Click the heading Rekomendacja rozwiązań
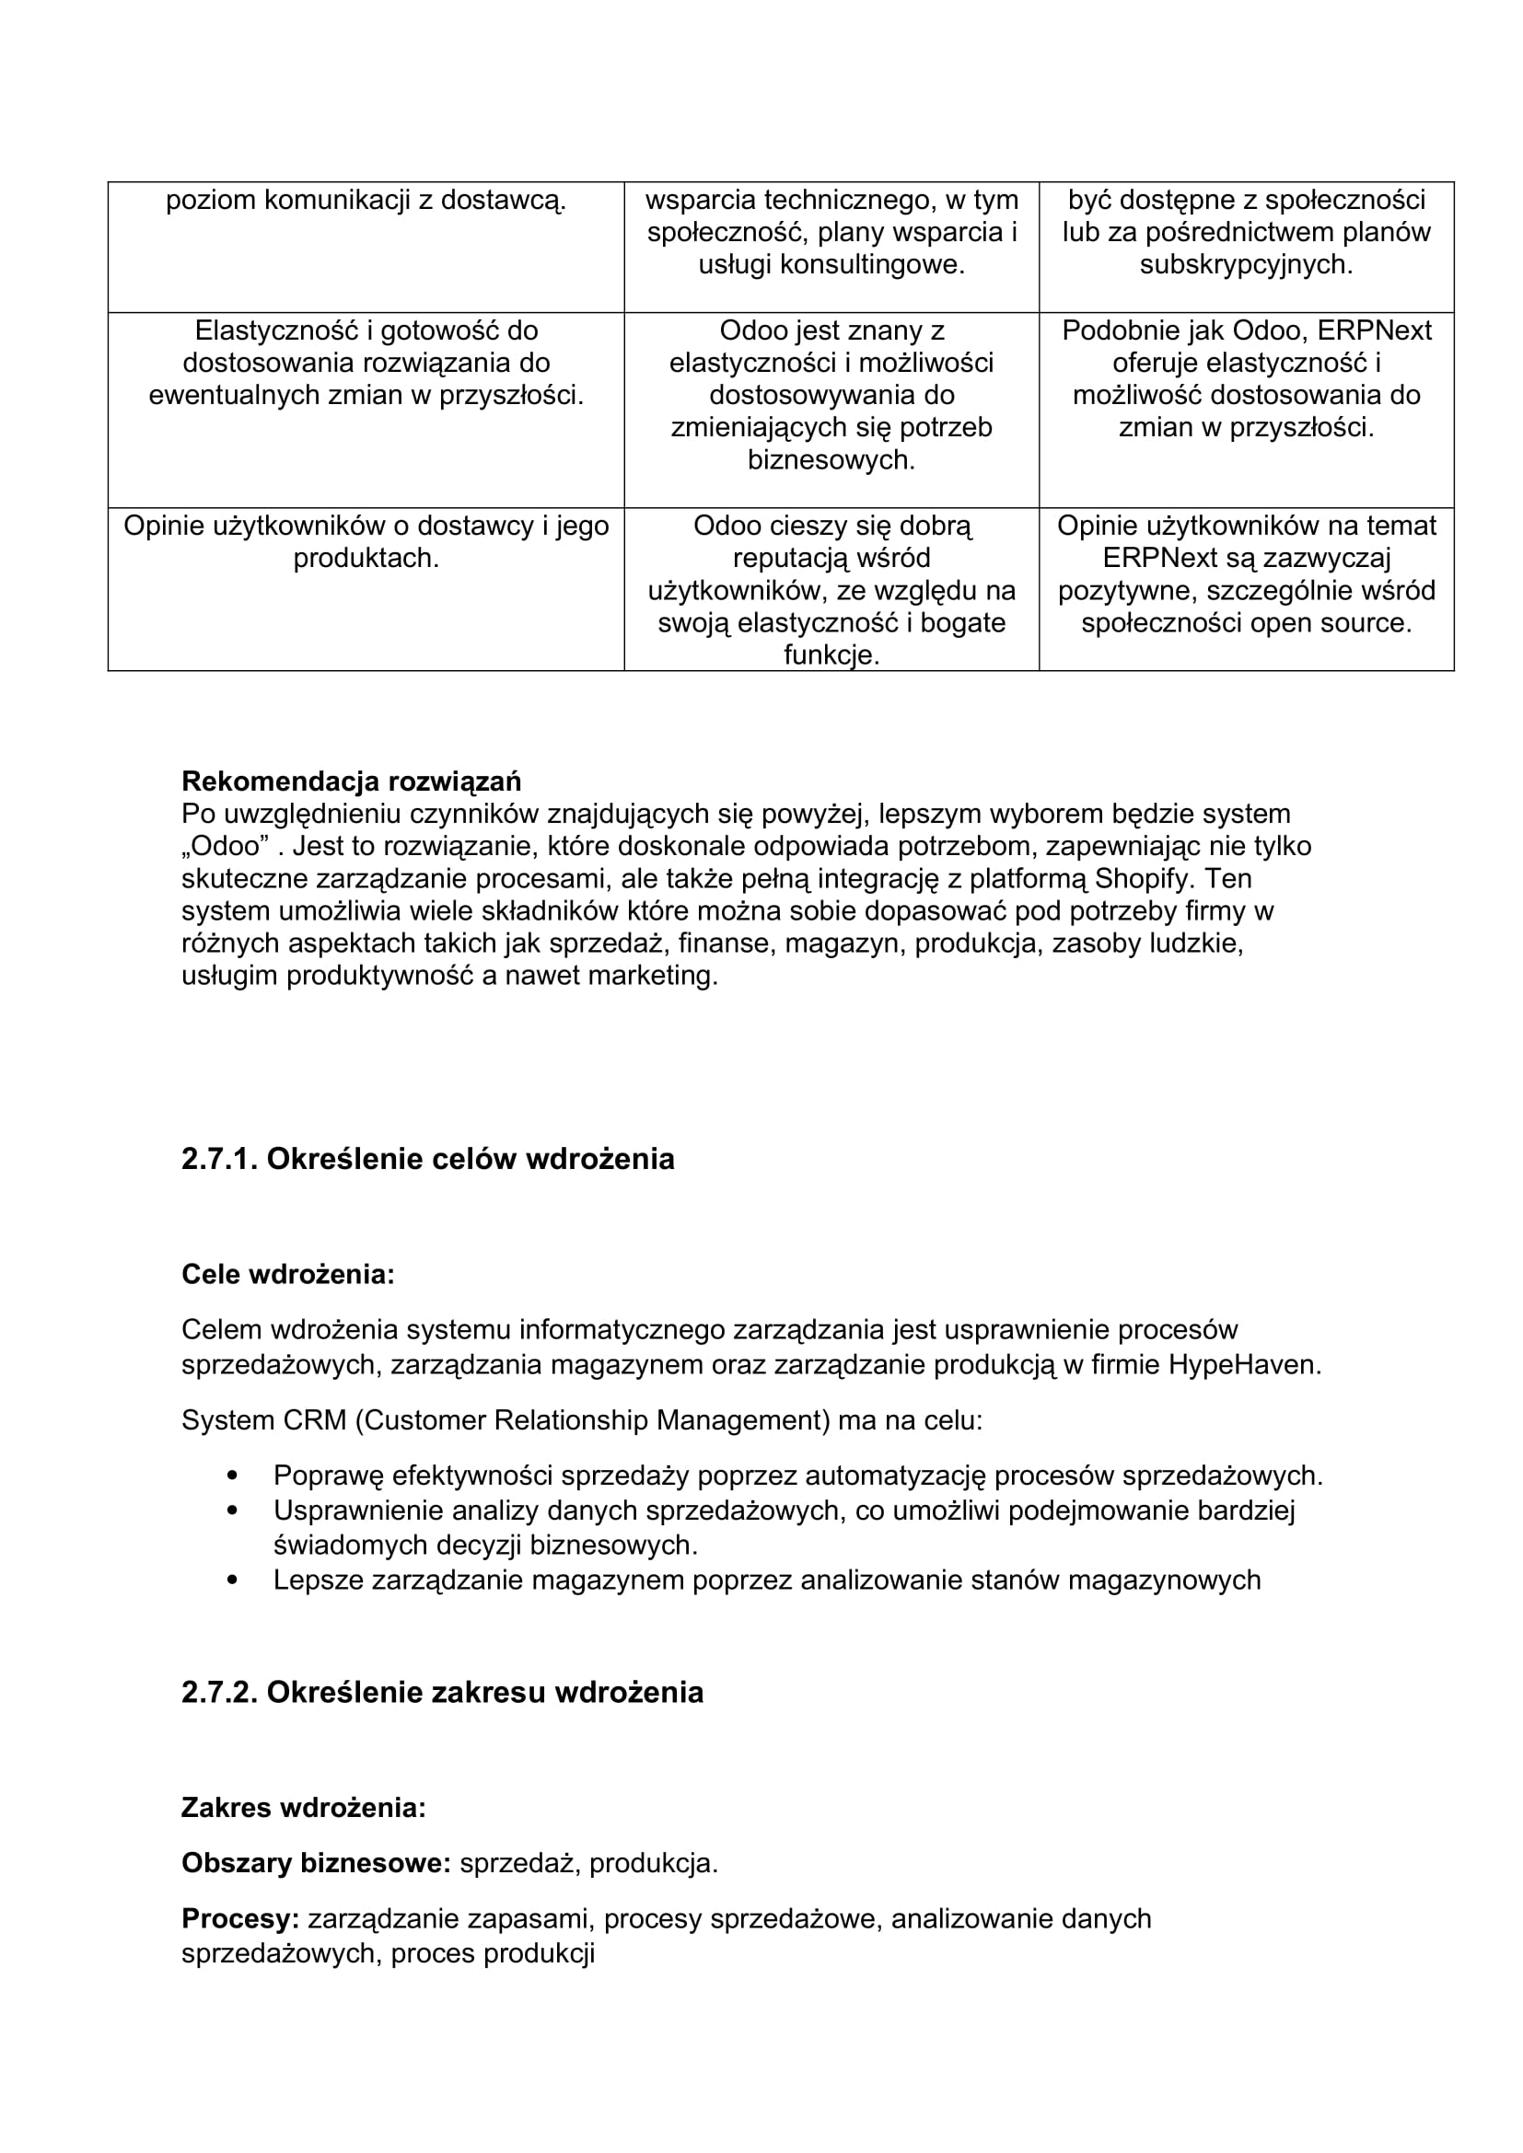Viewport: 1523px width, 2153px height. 351,781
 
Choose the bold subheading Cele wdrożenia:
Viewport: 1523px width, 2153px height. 288,1274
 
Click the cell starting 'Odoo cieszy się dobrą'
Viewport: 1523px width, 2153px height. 831,590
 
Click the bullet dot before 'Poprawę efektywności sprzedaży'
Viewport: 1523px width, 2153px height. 233,1476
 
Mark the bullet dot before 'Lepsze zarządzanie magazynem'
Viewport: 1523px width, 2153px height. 233,1580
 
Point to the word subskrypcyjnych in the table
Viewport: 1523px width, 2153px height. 1246,265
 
